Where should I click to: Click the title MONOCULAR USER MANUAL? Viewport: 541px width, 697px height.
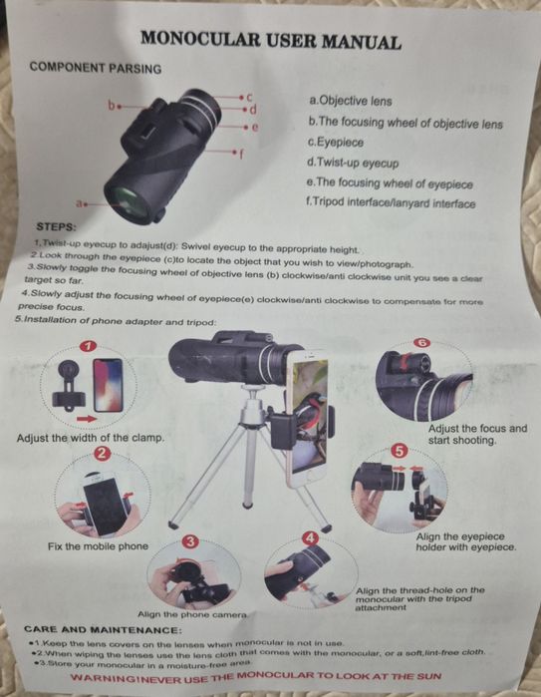coord(271,41)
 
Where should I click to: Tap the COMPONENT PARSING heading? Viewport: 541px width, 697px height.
coord(96,68)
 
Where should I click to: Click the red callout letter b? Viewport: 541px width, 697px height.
coord(112,103)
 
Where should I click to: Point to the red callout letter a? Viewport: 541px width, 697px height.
coord(79,203)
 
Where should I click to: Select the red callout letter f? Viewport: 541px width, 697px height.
coord(241,154)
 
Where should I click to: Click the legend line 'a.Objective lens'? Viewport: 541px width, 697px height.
coord(352,101)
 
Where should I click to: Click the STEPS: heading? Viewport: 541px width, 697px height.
coord(57,227)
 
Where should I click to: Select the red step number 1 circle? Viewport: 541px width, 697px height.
coord(88,348)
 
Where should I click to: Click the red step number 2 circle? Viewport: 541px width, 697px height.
coord(102,454)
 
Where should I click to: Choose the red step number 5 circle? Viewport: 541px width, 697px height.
coord(399,451)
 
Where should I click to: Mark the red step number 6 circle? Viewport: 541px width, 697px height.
coord(421,343)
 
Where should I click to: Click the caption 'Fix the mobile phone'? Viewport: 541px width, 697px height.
coord(98,546)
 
